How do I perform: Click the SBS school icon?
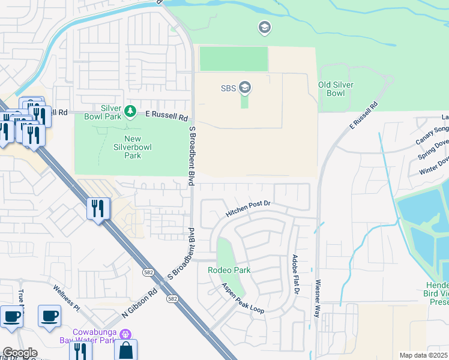[x=244, y=88]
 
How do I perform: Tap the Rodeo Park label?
[x=229, y=270]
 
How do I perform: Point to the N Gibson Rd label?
[x=139, y=302]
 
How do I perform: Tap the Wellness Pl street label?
[x=67, y=298]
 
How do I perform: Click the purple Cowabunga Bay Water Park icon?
[x=125, y=333]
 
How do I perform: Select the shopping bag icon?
[x=125, y=350]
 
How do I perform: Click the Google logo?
[x=19, y=353]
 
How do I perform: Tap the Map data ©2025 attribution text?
[x=423, y=355]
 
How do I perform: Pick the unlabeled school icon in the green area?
[x=264, y=27]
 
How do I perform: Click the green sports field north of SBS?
[x=234, y=59]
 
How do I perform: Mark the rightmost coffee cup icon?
[x=49, y=315]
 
